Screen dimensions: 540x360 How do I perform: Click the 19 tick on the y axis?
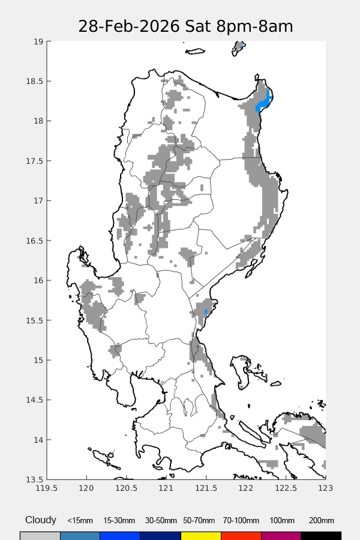coord(38,41)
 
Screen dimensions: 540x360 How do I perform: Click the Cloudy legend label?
coord(41,520)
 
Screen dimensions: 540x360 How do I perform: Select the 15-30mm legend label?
coord(119,521)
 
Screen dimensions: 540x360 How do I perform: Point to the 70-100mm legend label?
coord(241,521)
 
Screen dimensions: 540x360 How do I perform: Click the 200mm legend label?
coord(321,521)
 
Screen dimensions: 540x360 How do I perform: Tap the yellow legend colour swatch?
coord(200,535)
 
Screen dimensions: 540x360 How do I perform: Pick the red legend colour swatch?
coord(241,535)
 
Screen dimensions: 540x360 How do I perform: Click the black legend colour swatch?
coord(321,535)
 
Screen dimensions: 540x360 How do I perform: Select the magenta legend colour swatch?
coord(281,535)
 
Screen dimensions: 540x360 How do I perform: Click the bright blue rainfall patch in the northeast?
coord(263,101)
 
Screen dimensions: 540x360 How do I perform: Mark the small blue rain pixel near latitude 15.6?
coord(206,312)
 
